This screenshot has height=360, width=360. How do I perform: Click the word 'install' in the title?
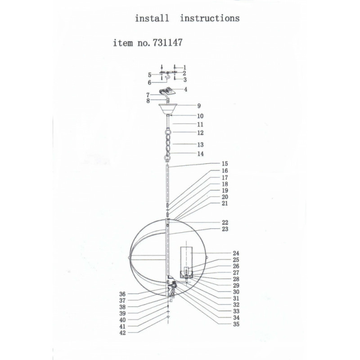[152, 18]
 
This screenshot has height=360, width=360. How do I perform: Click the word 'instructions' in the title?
[210, 18]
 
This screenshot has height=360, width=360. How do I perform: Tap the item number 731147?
[167, 42]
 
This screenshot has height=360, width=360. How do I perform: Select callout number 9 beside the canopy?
[199, 106]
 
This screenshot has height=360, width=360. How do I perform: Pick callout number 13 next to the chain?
[200, 144]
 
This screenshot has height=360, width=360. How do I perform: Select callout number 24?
[236, 253]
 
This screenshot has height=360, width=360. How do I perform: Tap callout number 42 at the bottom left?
[123, 333]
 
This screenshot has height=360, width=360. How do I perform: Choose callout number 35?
[236, 324]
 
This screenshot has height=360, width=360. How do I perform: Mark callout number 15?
[225, 164]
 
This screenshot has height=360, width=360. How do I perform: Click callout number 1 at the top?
[185, 68]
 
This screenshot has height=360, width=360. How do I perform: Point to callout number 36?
[122, 294]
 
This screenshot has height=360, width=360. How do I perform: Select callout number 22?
[225, 222]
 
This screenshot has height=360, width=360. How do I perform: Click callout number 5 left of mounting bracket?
[150, 75]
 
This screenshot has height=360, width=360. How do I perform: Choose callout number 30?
[236, 292]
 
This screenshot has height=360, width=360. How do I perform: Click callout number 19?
[225, 190]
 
